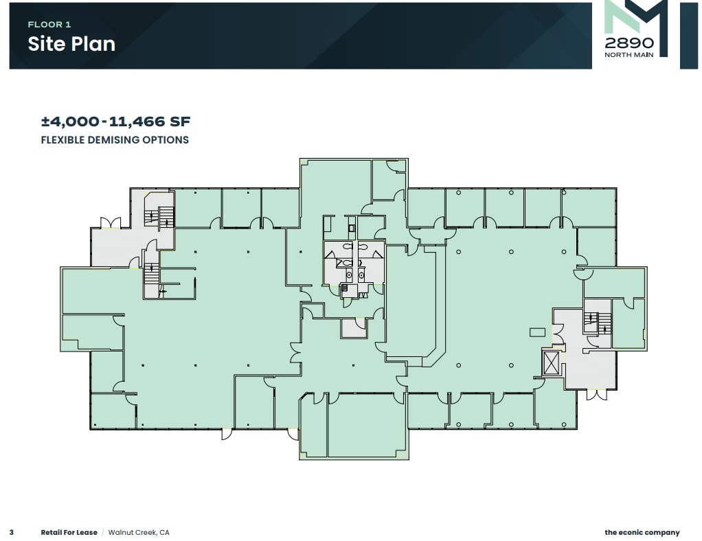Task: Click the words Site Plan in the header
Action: click(x=71, y=44)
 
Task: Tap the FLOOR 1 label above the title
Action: click(x=49, y=25)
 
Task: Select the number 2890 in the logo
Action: click(x=629, y=43)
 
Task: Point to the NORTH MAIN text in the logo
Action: click(x=629, y=56)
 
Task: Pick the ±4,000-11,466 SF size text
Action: click(x=115, y=122)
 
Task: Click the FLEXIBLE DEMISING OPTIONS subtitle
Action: click(x=115, y=140)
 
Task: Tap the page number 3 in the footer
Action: click(x=12, y=532)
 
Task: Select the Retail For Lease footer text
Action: click(x=69, y=532)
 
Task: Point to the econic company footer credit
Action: click(x=642, y=532)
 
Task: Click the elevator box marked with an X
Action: click(x=552, y=362)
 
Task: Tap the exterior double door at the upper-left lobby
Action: click(x=111, y=223)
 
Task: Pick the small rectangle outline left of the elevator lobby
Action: click(x=536, y=332)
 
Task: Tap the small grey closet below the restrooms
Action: click(x=354, y=328)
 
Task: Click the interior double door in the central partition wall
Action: click(x=297, y=354)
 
